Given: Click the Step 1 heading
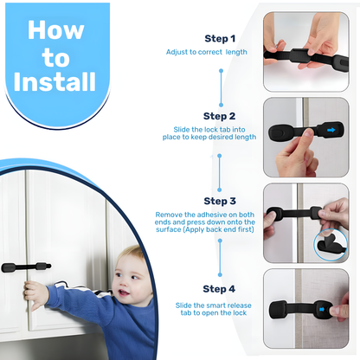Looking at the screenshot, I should click(219, 39).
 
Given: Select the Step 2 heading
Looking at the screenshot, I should click(219, 116).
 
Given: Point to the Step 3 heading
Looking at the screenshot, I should click(219, 200).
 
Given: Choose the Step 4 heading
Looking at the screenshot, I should click(219, 288).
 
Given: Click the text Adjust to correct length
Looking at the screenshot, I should click(206, 53).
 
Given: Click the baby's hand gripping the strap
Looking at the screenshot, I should click(35, 292).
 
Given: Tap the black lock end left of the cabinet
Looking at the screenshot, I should click(10, 268).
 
